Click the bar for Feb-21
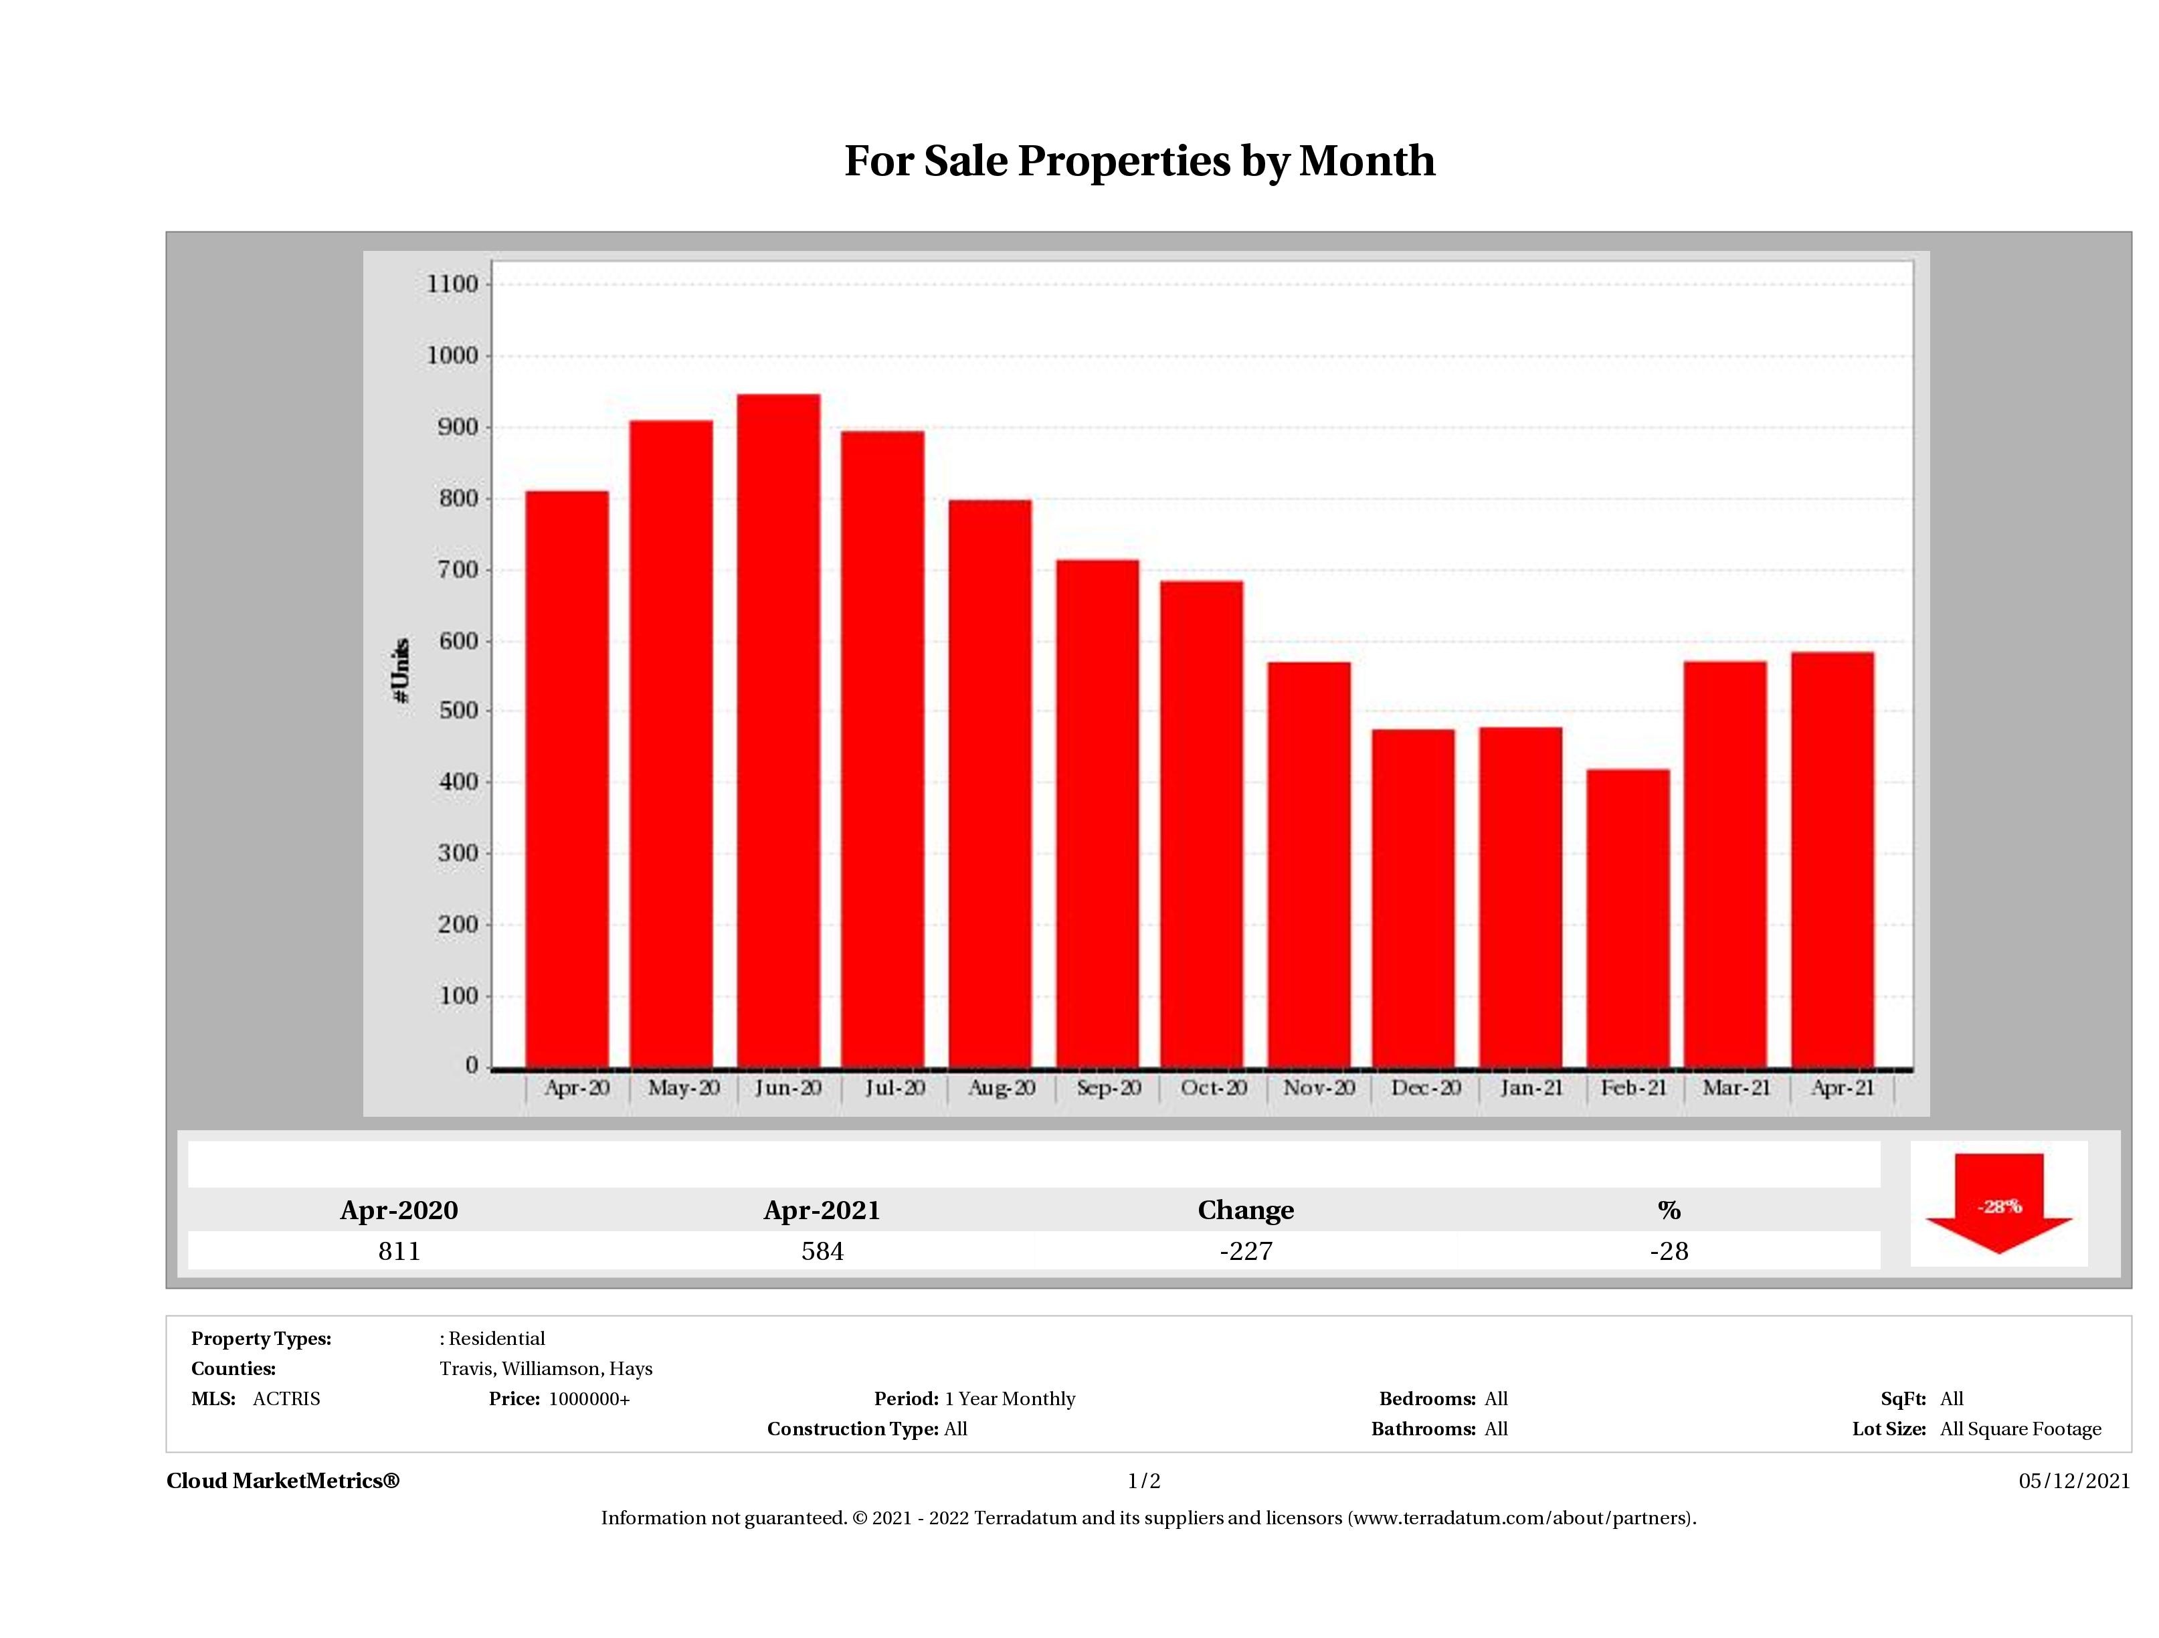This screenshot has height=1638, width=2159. pyautogui.click(x=1627, y=917)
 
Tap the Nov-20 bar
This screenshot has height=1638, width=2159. pyautogui.click(x=1309, y=864)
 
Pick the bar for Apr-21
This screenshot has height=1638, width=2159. pyautogui.click(x=1832, y=859)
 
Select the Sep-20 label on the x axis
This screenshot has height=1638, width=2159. pyautogui.click(x=1108, y=1087)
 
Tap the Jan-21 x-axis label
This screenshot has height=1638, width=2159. pyautogui.click(x=1530, y=1087)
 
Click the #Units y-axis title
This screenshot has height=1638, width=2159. pyautogui.click(x=400, y=670)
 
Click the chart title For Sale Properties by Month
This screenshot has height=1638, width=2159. pyautogui.click(x=1139, y=161)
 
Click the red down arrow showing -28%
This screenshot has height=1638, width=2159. pyautogui.click(x=1998, y=1204)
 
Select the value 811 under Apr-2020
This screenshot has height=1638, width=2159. pyautogui.click(x=399, y=1251)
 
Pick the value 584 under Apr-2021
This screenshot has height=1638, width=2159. pyautogui.click(x=822, y=1251)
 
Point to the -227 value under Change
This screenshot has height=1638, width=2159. pyautogui.click(x=1246, y=1251)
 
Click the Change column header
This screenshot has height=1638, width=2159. pyautogui.click(x=1246, y=1210)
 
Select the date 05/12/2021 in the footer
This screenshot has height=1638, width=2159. pyautogui.click(x=2074, y=1481)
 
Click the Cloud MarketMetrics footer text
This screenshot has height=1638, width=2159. pyautogui.click(x=283, y=1481)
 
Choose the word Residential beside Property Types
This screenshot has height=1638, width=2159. pyautogui.click(x=496, y=1338)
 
